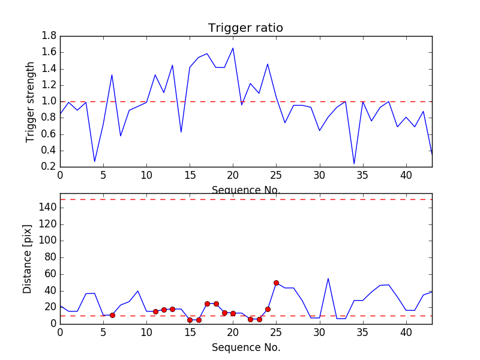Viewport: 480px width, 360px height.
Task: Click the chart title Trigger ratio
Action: [245, 28]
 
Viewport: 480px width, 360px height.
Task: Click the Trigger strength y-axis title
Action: [31, 101]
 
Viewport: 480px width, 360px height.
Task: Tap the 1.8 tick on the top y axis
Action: [49, 36]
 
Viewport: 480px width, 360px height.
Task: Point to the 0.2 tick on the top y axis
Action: [49, 167]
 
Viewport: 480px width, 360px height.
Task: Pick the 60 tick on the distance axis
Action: [49, 274]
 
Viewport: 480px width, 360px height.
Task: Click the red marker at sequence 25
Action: [276, 283]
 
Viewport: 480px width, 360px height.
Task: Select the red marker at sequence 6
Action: [112, 315]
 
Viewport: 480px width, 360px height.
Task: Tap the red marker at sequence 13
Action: [172, 309]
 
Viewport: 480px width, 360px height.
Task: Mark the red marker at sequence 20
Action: [233, 313]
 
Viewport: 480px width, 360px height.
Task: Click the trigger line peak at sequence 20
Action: [233, 48]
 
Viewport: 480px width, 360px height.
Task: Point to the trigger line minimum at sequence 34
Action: [354, 164]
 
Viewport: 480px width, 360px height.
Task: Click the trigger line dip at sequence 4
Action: [95, 161]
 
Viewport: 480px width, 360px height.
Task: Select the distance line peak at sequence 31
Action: [328, 278]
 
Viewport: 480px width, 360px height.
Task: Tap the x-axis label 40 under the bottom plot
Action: [406, 332]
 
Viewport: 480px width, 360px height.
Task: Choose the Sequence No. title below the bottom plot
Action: [245, 347]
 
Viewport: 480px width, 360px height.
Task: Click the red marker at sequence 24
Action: [268, 309]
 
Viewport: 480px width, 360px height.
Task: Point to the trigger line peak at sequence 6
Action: [112, 75]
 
